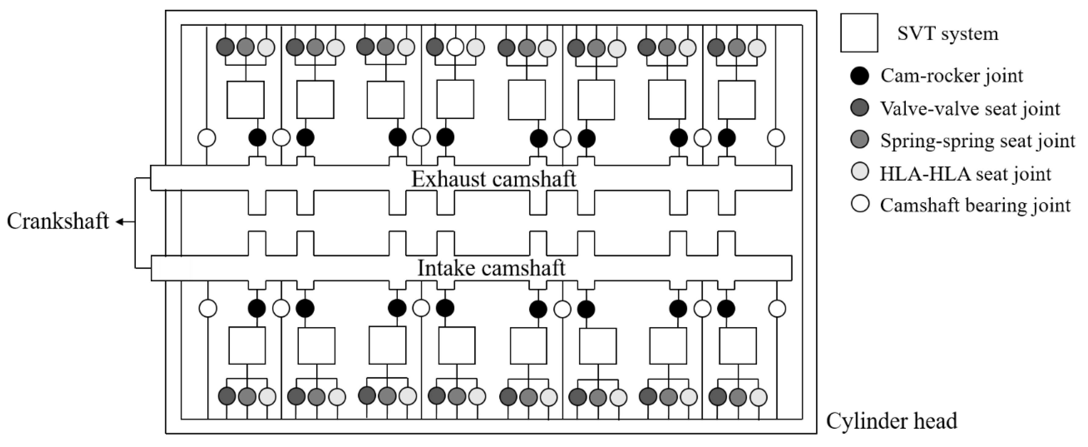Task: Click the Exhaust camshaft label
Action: click(493, 179)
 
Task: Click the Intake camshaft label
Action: click(491, 268)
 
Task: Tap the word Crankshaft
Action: click(58, 221)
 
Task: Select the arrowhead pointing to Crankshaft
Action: click(120, 222)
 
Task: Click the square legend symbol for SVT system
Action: click(859, 33)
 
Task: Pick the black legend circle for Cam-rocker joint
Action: click(860, 76)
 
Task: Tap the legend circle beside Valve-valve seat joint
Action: click(860, 108)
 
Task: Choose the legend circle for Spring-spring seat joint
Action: click(860, 140)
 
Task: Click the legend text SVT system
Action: click(947, 33)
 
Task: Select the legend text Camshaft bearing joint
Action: click(975, 206)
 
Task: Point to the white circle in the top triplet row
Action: click(455, 47)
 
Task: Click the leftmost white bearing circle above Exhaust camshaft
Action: click(207, 138)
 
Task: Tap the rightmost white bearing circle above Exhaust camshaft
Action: click(775, 138)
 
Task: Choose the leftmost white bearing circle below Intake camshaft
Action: click(207, 308)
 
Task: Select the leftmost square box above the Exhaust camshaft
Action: click(245, 99)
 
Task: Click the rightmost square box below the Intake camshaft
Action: click(738, 346)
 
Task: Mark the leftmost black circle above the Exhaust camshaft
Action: click(257, 138)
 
